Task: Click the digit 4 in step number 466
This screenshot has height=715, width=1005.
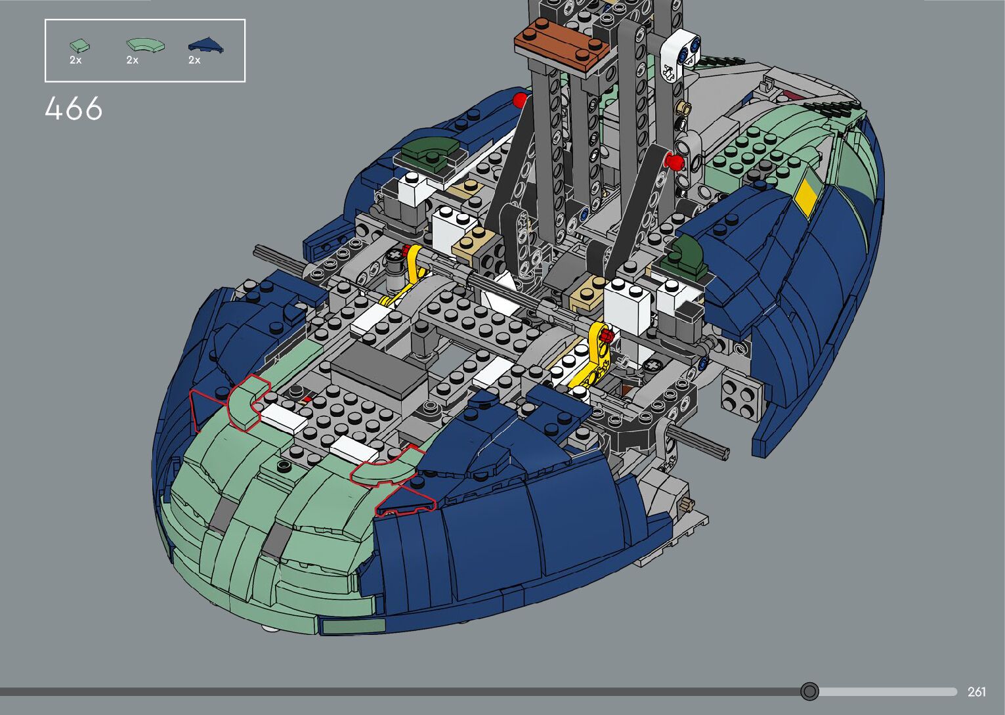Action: [53, 108]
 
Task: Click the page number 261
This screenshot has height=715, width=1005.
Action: [976, 691]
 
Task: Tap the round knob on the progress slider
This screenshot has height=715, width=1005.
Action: [809, 691]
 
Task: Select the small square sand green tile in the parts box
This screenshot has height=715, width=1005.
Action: [79, 45]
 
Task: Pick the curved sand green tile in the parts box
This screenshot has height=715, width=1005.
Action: [145, 45]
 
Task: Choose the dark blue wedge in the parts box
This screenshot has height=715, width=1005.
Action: [206, 45]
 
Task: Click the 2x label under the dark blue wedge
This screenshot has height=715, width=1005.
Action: [194, 60]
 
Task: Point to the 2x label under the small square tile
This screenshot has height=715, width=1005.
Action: [75, 60]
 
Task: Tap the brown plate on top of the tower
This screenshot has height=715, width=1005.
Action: [561, 47]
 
